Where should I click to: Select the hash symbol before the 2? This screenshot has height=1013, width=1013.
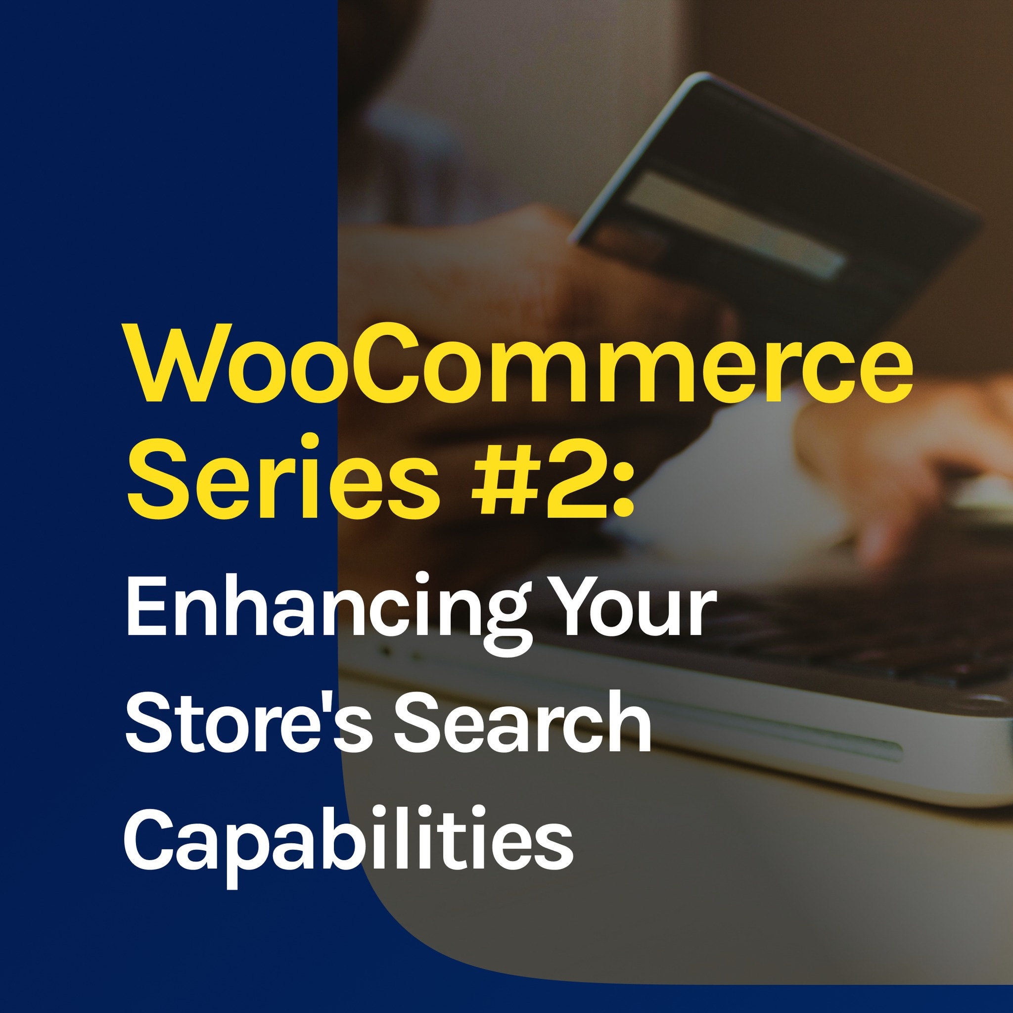coord(499,477)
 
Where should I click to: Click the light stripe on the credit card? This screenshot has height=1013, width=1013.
coord(734,223)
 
